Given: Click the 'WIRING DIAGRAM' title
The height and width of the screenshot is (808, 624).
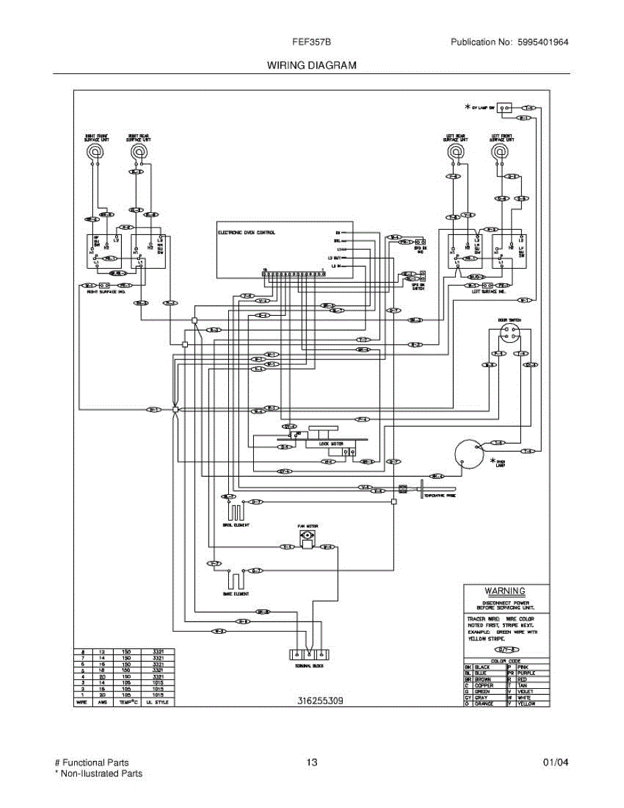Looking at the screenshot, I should (x=312, y=65).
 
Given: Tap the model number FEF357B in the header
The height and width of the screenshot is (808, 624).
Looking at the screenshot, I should (x=311, y=42).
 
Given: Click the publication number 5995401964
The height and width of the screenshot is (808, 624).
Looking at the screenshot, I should (x=543, y=42).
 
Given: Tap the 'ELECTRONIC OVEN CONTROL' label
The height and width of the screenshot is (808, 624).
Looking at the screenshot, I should (x=246, y=232).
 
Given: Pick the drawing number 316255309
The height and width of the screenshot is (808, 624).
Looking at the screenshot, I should (x=320, y=701).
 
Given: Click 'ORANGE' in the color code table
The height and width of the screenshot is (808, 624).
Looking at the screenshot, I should (x=484, y=703).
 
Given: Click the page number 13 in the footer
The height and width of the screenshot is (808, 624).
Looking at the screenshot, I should (x=311, y=763).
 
